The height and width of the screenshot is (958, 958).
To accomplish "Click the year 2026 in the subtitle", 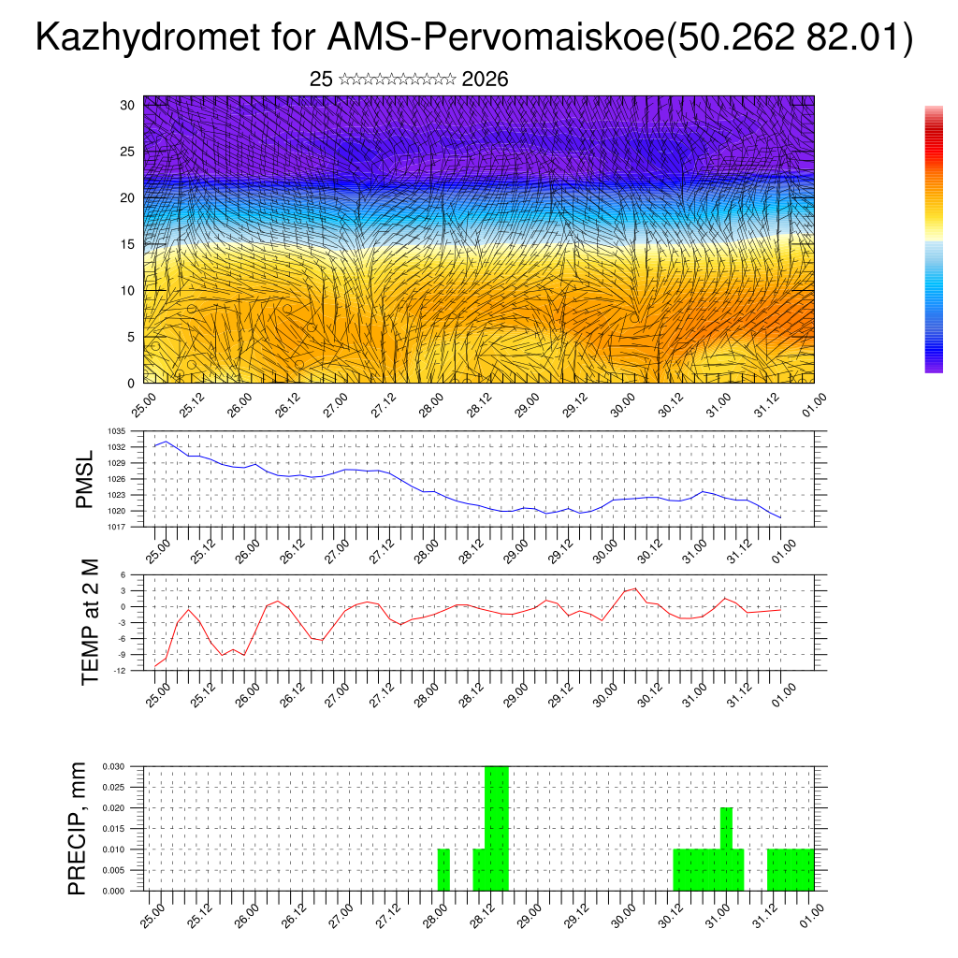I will click(485, 80).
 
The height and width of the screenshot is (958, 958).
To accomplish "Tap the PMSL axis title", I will click(85, 480).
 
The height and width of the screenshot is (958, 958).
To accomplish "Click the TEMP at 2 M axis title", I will click(91, 621).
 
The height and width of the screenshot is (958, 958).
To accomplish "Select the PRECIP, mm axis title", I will click(78, 828).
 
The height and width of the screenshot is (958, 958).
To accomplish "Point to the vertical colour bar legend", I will click(934, 239).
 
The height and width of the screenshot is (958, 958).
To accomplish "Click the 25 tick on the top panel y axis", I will click(128, 152).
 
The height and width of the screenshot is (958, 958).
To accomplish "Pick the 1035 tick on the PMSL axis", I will click(117, 431).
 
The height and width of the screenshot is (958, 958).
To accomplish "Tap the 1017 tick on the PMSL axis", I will click(117, 527).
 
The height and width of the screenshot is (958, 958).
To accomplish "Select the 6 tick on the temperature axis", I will click(123, 574).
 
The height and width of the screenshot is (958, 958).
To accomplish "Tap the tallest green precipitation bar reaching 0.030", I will click(497, 828).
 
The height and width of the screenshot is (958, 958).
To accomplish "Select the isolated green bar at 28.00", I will click(444, 870).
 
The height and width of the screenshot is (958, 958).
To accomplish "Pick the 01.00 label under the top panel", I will click(812, 403).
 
